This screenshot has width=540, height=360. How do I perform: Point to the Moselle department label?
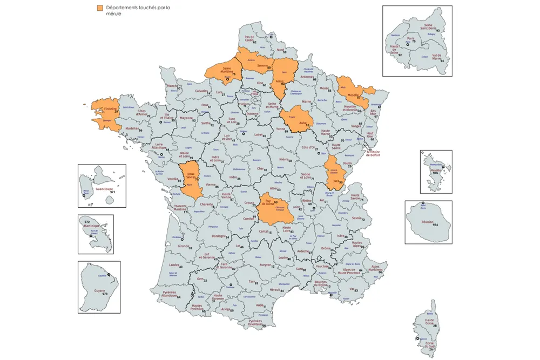(353, 95)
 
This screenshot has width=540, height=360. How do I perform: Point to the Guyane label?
(99, 291)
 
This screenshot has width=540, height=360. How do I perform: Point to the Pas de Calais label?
(249, 38)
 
